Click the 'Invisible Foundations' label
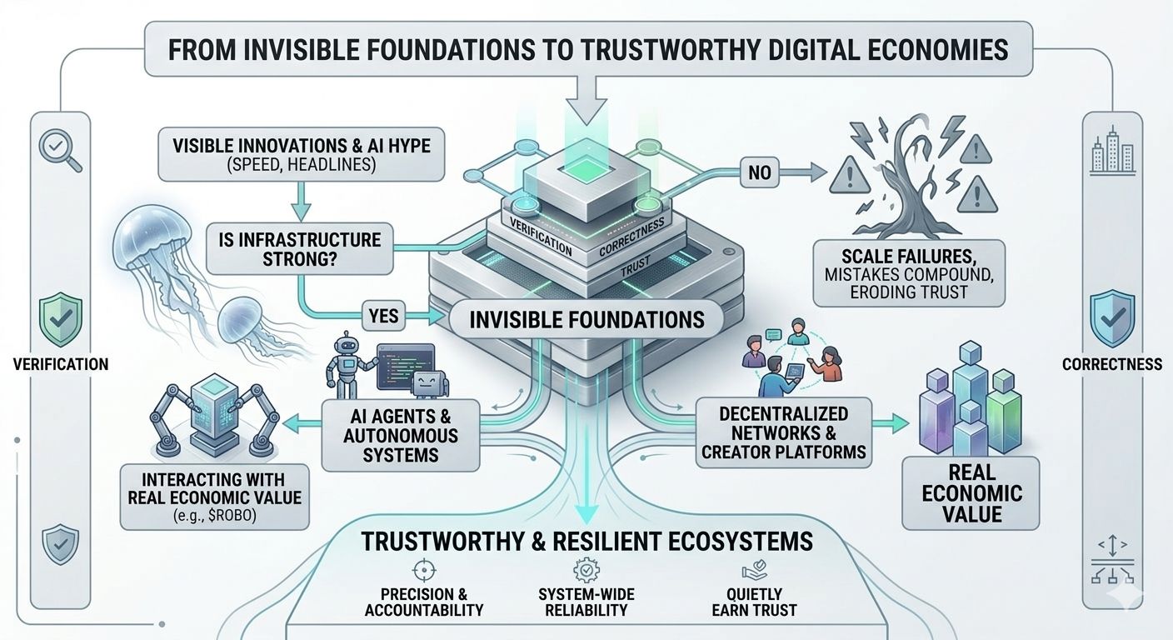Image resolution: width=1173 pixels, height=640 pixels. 586,319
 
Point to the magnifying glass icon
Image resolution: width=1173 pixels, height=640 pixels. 60,152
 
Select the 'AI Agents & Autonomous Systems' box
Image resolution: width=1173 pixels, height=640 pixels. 402,432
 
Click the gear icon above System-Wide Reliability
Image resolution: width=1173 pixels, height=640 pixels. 582,571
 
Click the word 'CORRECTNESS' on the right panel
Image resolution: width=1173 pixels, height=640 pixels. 1111,364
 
